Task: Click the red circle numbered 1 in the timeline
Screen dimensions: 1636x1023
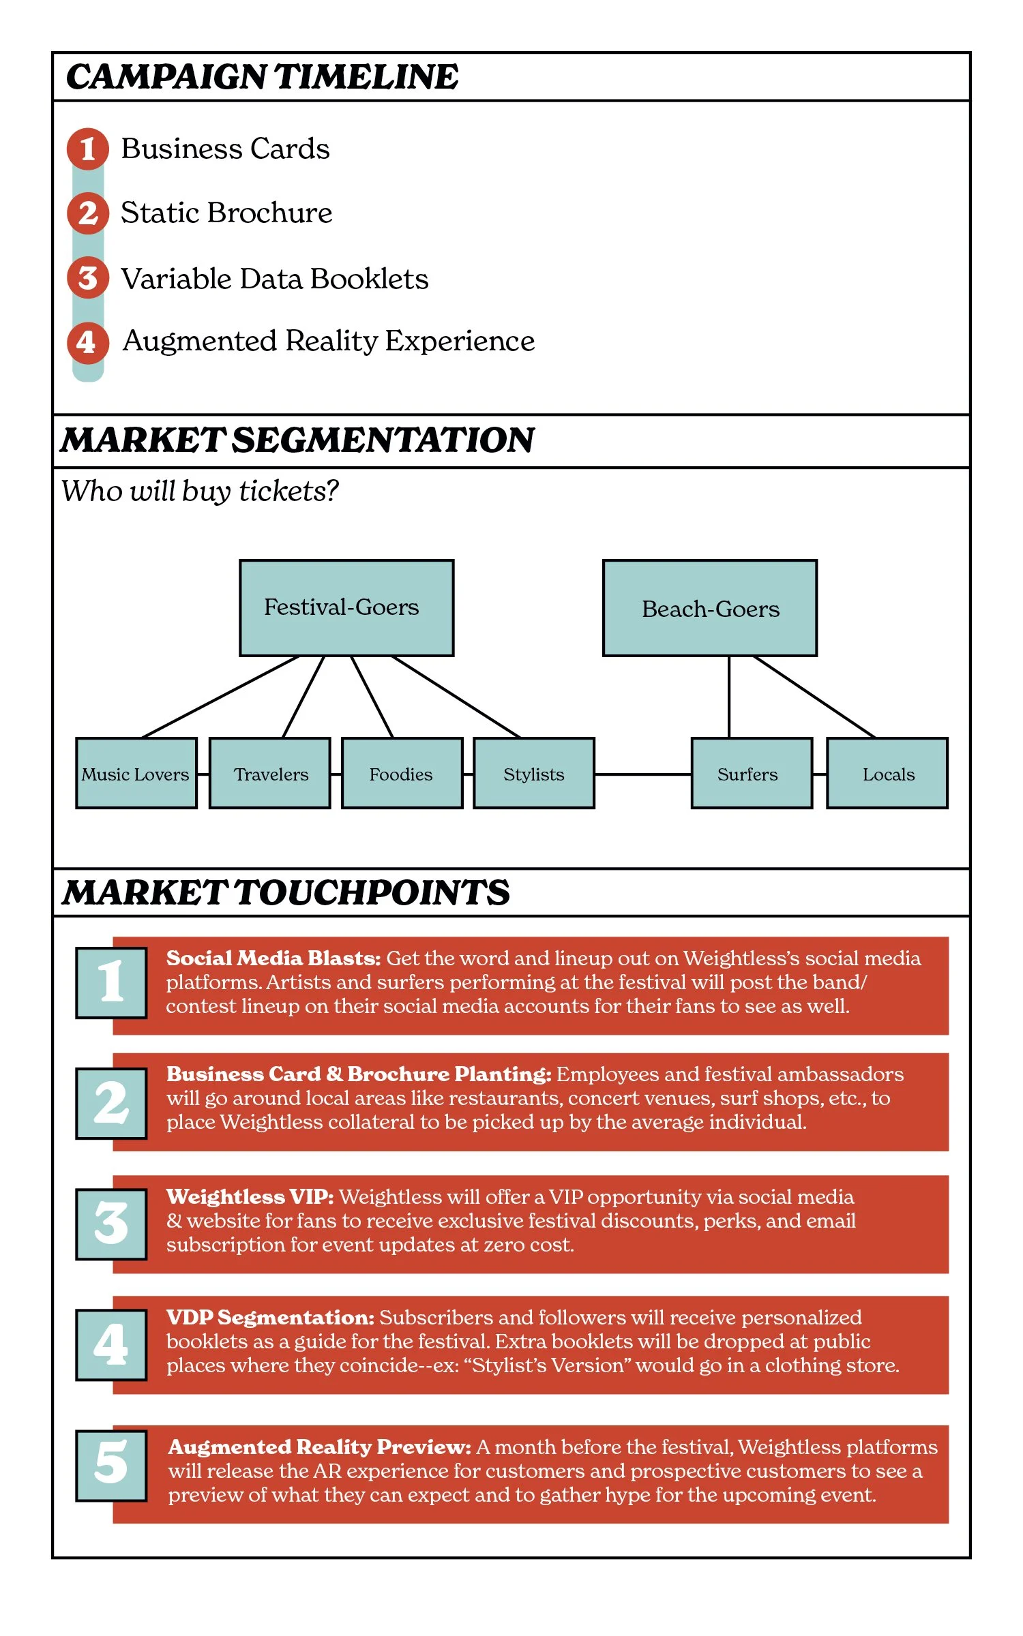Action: point(87,149)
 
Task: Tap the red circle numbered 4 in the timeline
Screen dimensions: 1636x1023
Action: point(87,342)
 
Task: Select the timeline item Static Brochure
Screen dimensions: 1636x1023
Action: point(226,213)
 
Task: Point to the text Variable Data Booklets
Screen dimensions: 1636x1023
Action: point(274,279)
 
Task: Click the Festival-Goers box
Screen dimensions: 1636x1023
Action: point(346,607)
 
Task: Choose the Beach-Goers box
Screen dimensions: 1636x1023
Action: point(709,608)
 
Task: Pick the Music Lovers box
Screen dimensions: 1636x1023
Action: point(136,774)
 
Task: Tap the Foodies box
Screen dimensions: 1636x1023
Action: point(401,774)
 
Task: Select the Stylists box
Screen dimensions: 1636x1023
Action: point(533,774)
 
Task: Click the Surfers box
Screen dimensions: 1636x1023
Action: point(751,774)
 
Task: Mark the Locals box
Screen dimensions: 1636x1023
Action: point(887,774)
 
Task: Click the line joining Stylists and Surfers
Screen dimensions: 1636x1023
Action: point(642,774)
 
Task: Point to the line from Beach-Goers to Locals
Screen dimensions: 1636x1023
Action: point(814,697)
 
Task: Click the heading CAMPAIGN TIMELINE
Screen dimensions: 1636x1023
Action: point(263,76)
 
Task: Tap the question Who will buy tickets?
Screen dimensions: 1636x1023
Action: point(200,491)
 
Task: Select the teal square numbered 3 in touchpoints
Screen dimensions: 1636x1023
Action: point(111,1224)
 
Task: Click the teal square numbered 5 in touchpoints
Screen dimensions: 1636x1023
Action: point(111,1465)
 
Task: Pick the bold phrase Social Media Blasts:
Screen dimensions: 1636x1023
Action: point(273,958)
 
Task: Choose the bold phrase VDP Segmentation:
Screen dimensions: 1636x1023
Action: point(270,1317)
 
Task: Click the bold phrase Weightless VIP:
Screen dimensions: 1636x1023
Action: point(250,1197)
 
